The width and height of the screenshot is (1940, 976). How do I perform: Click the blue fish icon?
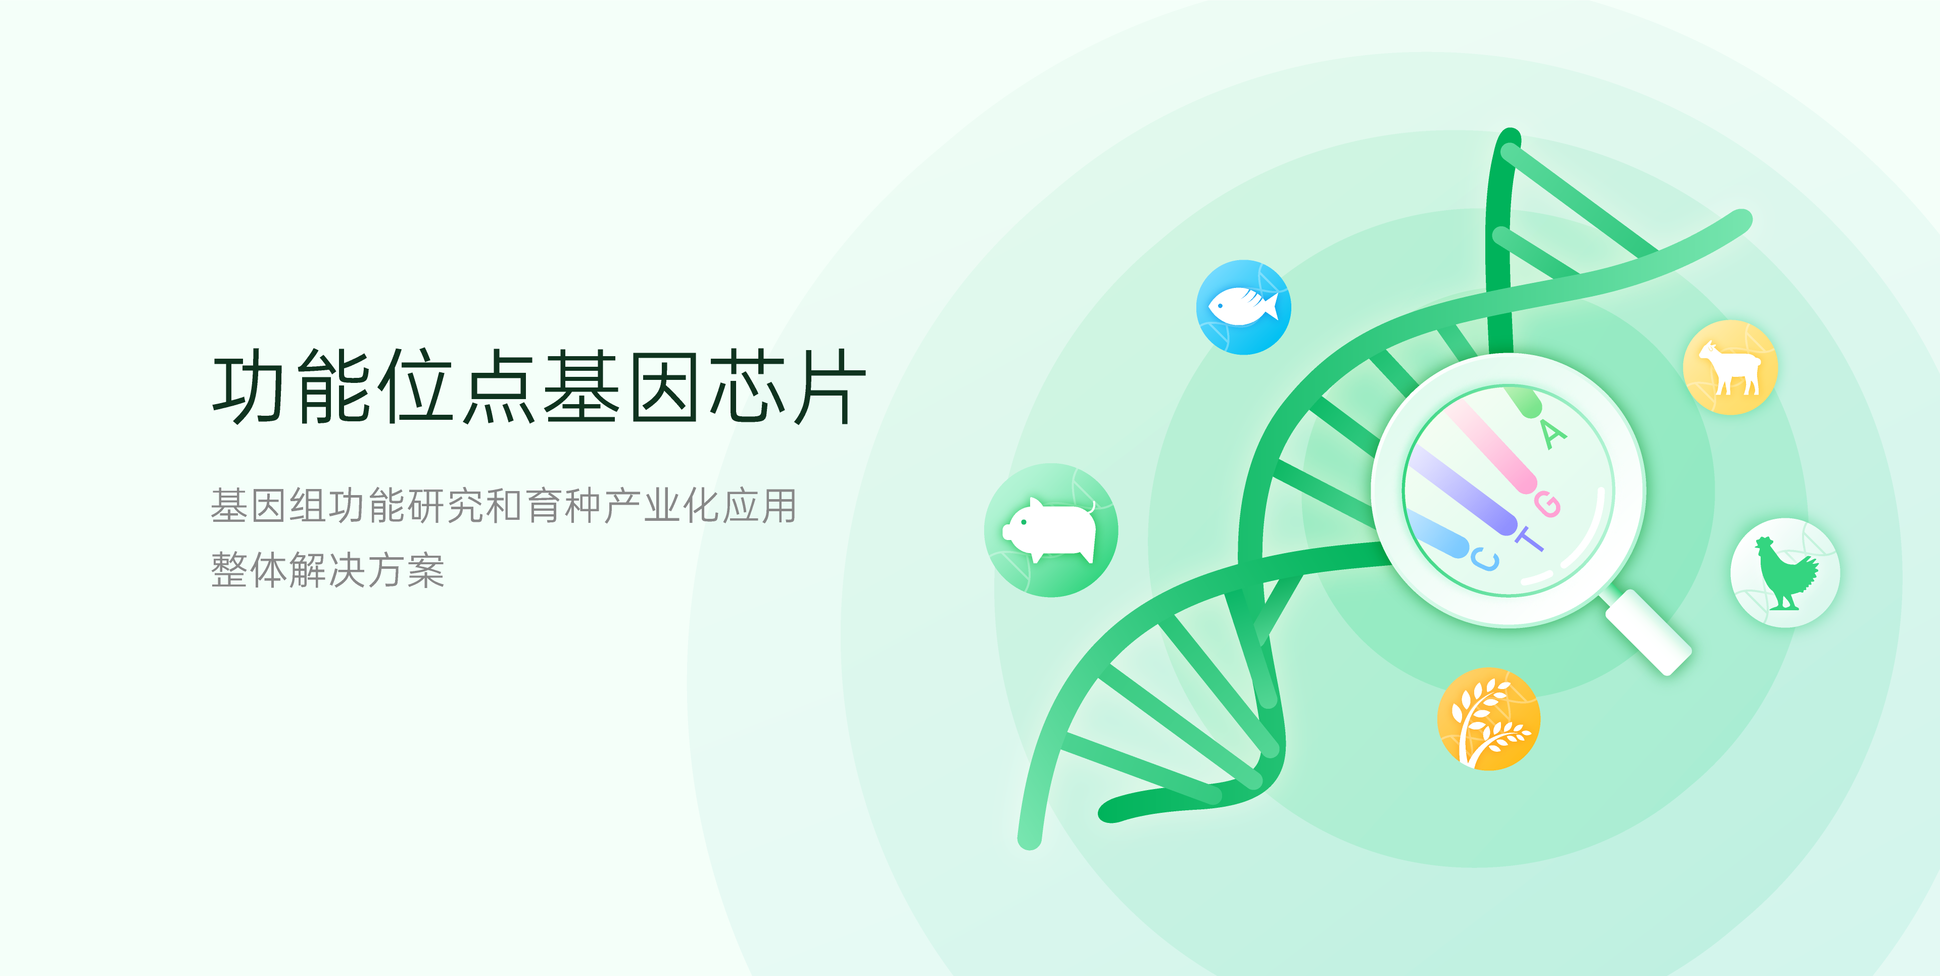tap(1243, 307)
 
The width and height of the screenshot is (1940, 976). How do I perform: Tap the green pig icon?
tap(1051, 530)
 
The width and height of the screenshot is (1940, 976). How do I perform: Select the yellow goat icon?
tap(1731, 367)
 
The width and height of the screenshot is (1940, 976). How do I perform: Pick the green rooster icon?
tap(1785, 572)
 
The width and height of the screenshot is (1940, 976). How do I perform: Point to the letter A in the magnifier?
tap(1552, 434)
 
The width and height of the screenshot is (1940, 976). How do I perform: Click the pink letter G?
tap(1547, 504)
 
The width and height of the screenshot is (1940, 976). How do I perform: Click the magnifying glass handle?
tap(1648, 632)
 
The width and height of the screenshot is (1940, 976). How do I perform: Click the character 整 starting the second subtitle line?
tap(229, 569)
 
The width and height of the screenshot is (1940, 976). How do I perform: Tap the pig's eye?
tap(1024, 522)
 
